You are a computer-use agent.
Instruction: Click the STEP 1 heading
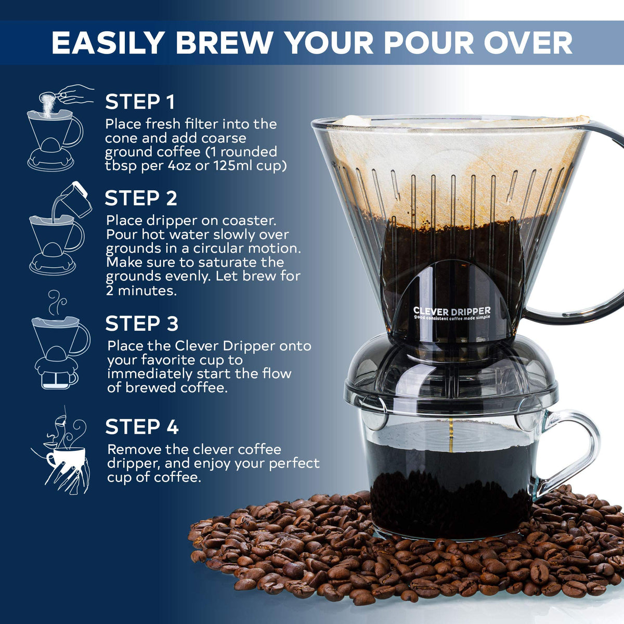pos(140,102)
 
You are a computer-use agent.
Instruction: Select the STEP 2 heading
pos(141,199)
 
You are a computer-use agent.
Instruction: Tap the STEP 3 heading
pos(141,324)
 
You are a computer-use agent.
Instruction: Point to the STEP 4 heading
pos(141,427)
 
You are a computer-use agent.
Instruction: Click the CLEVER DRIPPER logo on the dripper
pos(451,311)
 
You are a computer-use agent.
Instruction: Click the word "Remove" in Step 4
pos(134,449)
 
